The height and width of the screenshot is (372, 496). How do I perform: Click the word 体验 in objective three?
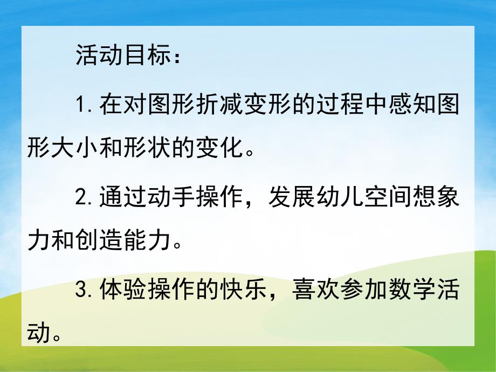(123, 291)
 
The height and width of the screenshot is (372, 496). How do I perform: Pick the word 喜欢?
(313, 291)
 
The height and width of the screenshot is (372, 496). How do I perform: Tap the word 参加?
(361, 291)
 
